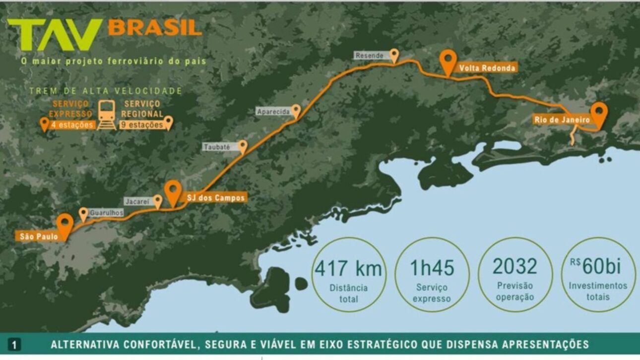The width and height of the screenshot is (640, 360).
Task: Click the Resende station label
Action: [x=370, y=56]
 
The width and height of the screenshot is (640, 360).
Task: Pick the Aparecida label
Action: [x=273, y=112]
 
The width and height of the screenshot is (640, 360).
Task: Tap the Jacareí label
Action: [x=137, y=202]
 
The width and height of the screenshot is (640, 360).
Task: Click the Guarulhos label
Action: [x=106, y=213]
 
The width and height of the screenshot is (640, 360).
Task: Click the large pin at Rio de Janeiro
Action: [x=599, y=114]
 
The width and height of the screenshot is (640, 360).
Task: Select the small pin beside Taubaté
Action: [x=243, y=146]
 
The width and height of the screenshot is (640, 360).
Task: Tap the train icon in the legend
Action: [x=107, y=115]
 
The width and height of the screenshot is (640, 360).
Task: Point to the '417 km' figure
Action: [x=348, y=268]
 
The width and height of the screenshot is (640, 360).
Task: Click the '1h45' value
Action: [x=432, y=268]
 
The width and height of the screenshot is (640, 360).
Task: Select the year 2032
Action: [x=514, y=267]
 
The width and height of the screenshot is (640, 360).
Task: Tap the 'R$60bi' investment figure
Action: [x=597, y=267]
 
